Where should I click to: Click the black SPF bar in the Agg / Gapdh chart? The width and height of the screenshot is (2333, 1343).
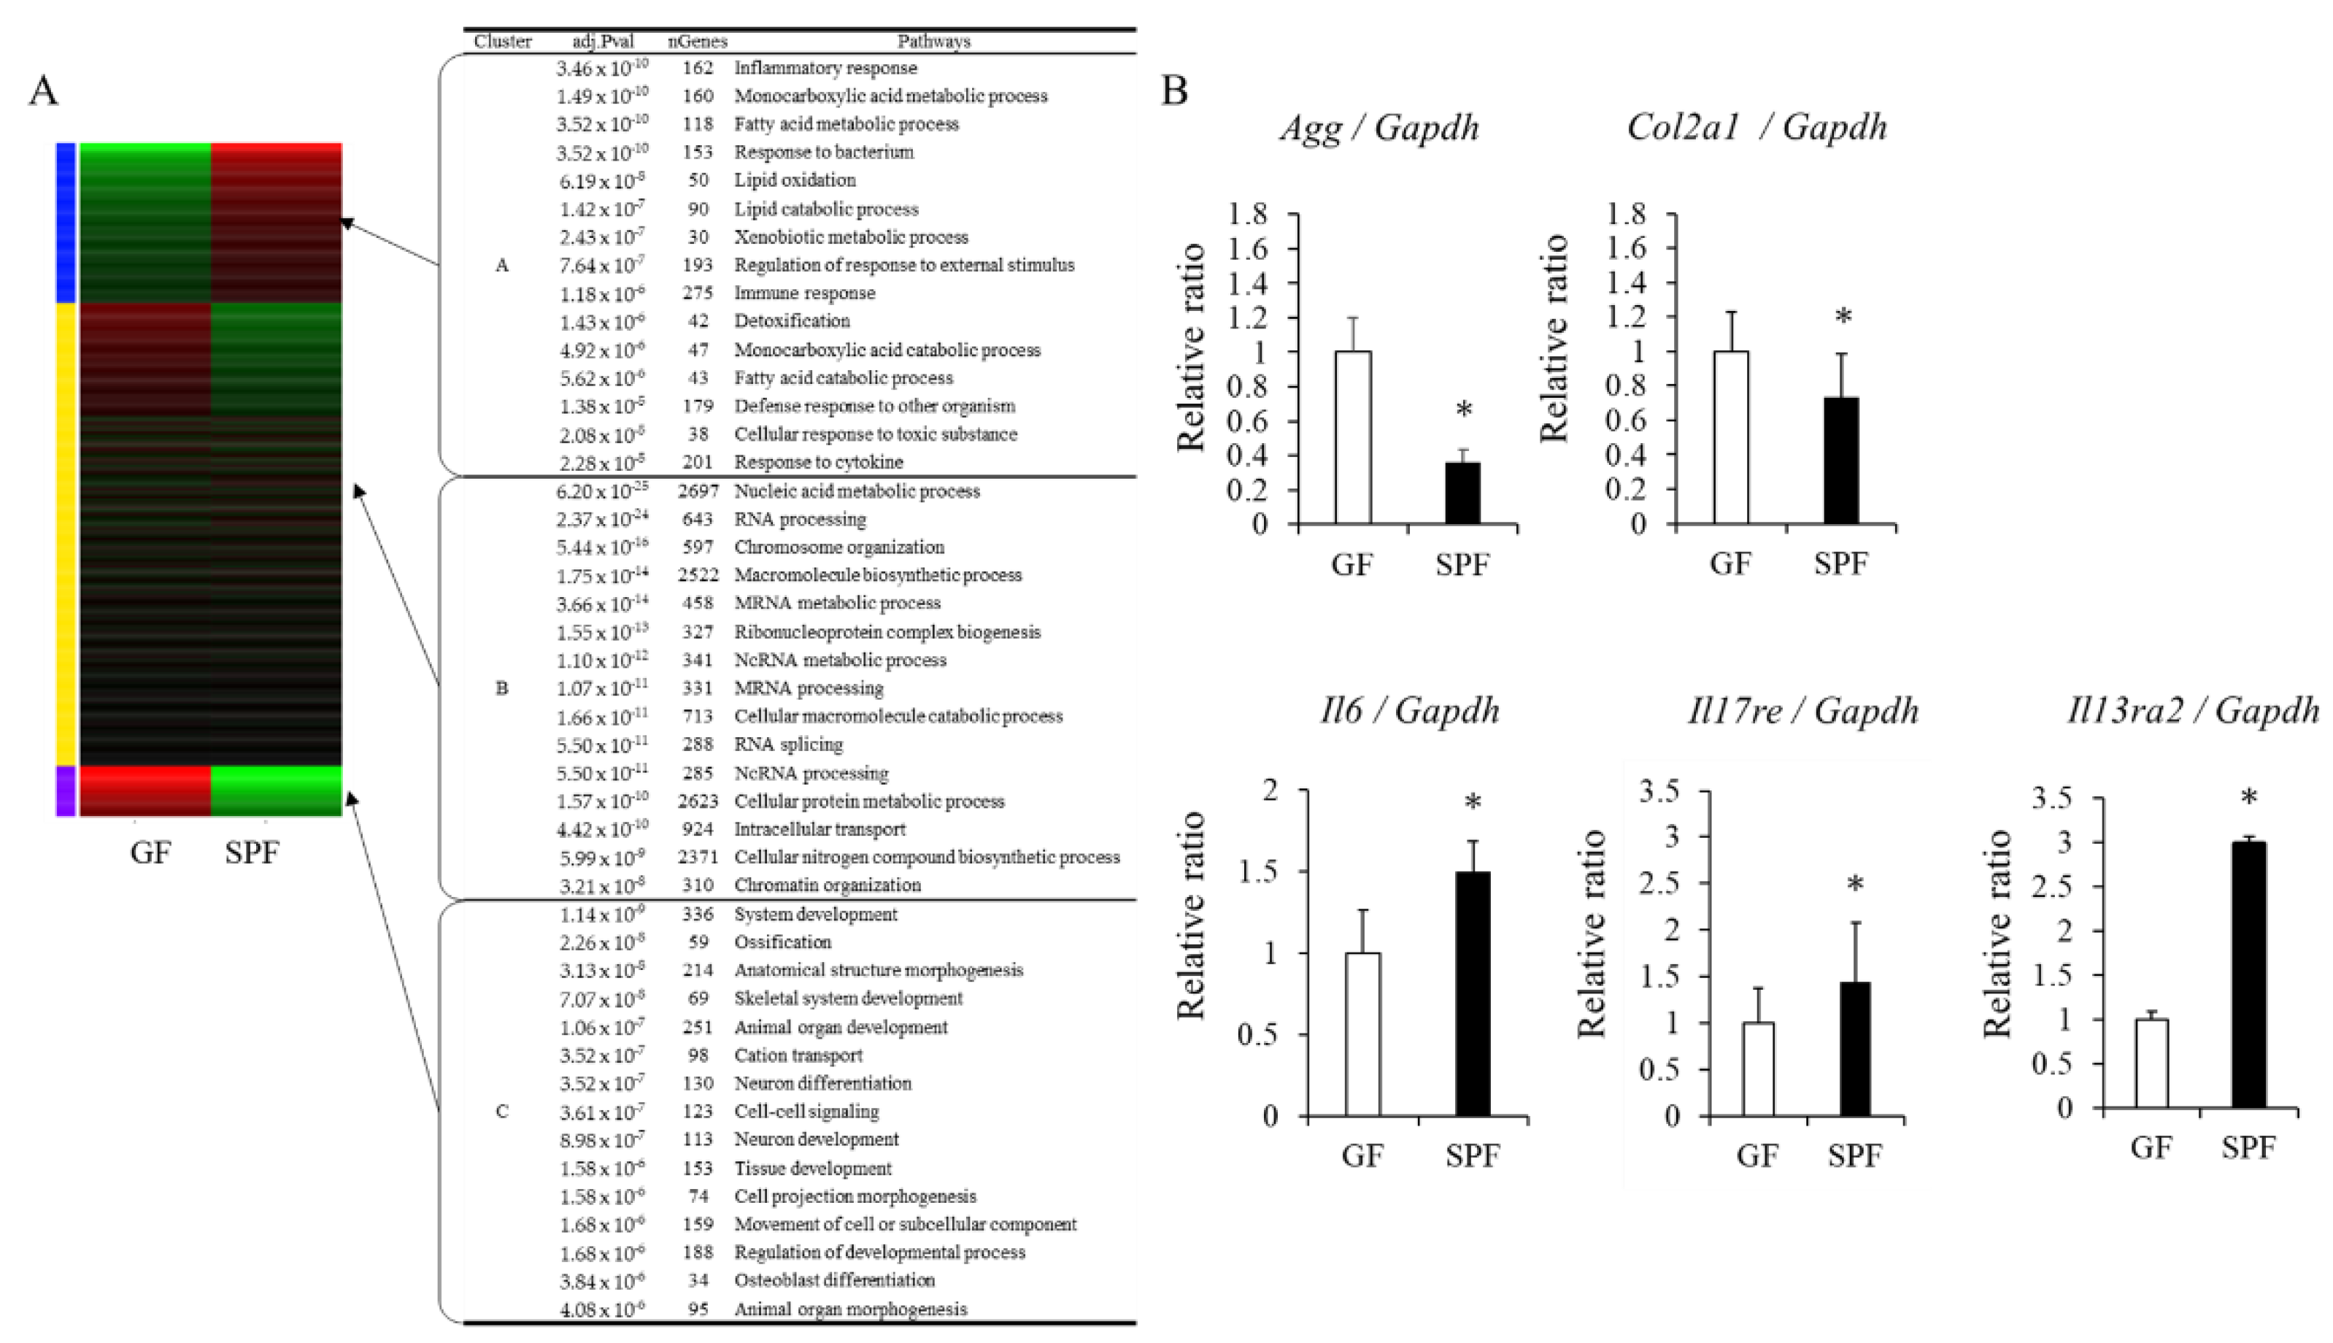click(1462, 493)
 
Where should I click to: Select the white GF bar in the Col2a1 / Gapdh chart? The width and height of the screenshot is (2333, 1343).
click(1731, 437)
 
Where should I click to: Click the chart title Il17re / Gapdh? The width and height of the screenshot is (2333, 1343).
click(1802, 711)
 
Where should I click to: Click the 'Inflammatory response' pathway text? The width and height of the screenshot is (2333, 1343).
click(825, 69)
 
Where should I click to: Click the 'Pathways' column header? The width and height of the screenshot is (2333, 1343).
click(933, 42)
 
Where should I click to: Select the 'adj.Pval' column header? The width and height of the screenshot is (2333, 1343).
click(602, 42)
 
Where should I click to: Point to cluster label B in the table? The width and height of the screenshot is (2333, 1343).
click(501, 688)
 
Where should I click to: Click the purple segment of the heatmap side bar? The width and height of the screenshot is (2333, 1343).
click(66, 790)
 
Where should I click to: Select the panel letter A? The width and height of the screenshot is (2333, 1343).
click(43, 91)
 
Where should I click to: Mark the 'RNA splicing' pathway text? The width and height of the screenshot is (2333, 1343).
click(788, 744)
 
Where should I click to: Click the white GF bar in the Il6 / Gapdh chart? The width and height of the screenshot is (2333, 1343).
click(1363, 1034)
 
